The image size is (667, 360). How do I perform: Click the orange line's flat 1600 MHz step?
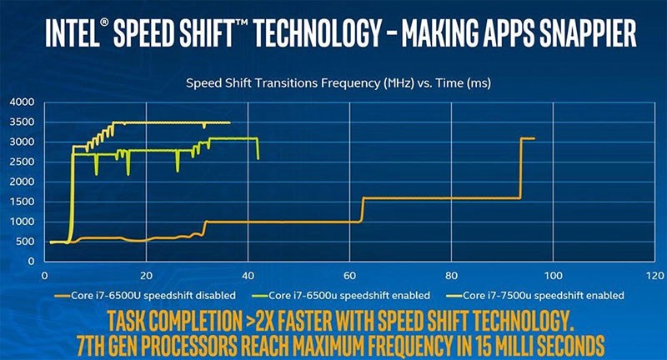[x=442, y=198]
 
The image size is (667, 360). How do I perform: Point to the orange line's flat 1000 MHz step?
[x=283, y=222]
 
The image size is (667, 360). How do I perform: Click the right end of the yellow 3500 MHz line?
[x=229, y=122]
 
